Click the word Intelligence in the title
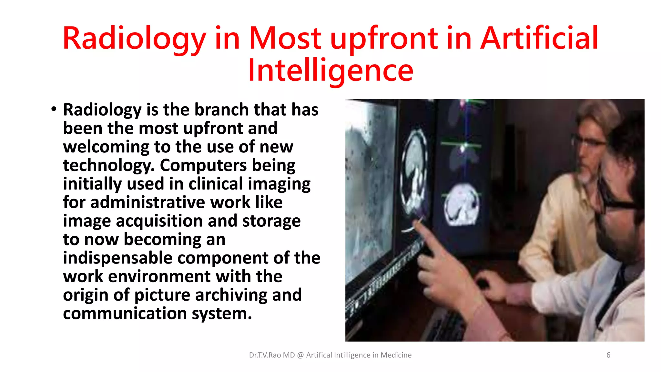[330, 70]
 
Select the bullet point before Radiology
[54, 109]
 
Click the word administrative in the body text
[147, 202]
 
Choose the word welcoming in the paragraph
[106, 147]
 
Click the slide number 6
[608, 355]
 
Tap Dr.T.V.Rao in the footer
[265, 355]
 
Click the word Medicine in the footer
[396, 355]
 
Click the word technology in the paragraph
[106, 165]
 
